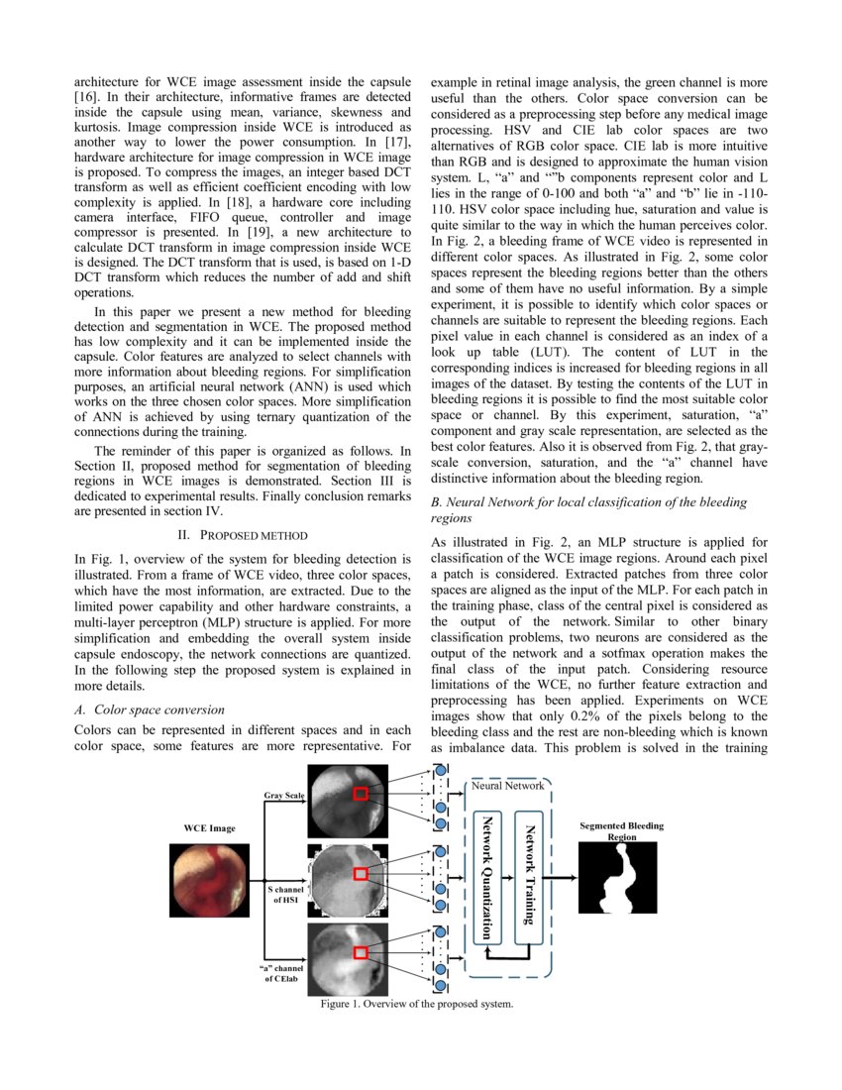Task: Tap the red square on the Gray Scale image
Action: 361,793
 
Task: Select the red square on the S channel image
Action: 361,873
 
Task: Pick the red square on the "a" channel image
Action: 361,952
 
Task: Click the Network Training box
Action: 530,874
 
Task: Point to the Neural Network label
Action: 507,786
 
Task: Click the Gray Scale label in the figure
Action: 283,796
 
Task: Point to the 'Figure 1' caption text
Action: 416,1004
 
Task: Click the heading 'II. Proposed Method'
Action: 241,535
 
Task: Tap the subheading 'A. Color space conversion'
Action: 150,709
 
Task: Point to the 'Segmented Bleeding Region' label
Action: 621,830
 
